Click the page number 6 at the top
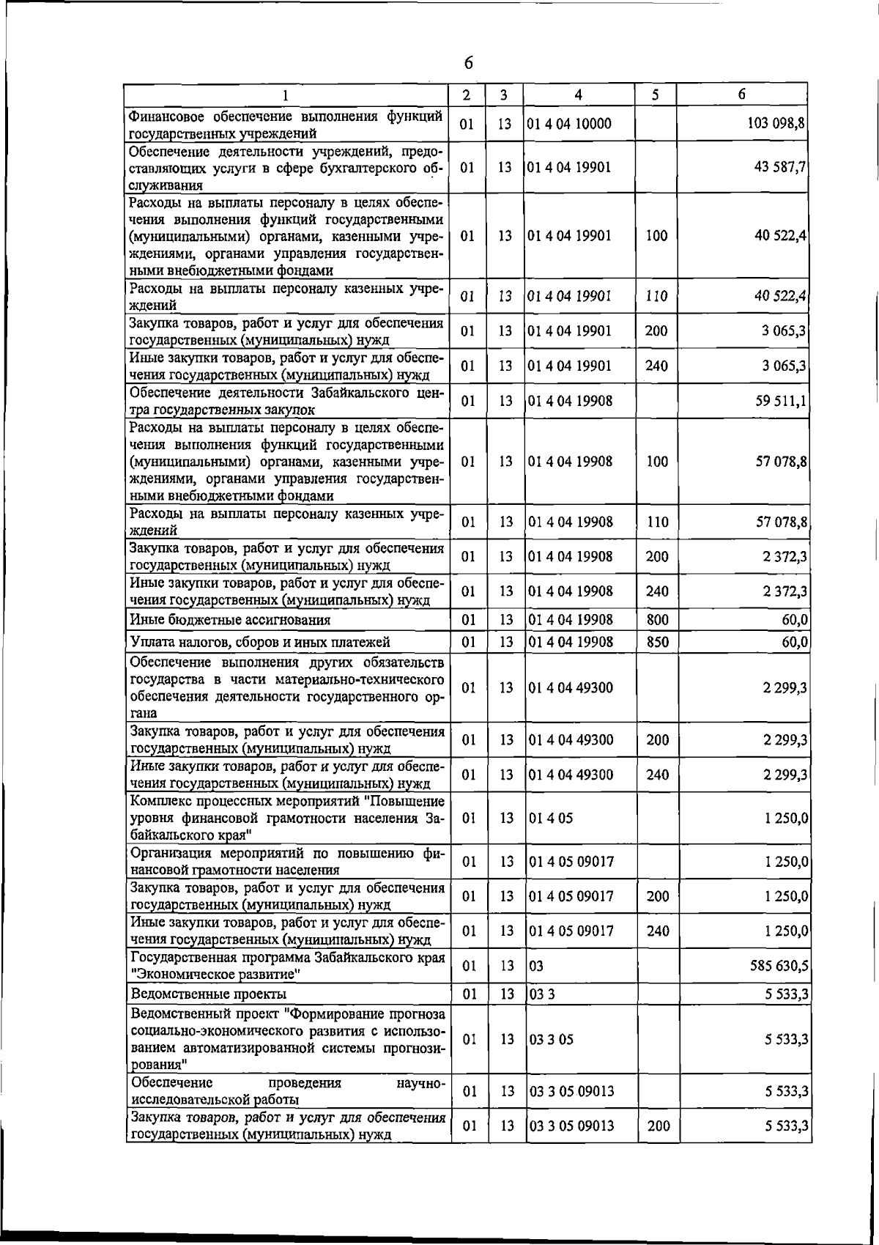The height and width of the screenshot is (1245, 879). [x=468, y=64]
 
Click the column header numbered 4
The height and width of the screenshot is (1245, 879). [x=579, y=95]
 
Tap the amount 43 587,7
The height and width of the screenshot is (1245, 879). [x=780, y=166]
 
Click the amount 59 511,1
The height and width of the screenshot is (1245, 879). [x=780, y=401]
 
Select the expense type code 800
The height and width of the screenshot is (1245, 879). [x=658, y=620]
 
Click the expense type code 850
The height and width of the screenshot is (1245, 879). [x=658, y=642]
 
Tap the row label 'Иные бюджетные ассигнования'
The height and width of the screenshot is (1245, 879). [x=230, y=620]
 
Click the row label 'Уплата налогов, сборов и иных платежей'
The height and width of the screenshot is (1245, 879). [x=260, y=642]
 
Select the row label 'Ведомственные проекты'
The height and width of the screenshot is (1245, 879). [x=208, y=994]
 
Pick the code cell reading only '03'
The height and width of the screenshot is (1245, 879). [x=536, y=966]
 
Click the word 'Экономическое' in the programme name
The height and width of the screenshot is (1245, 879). [x=182, y=975]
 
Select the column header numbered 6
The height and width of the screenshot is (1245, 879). [x=742, y=95]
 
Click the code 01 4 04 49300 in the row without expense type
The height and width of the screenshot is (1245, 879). [x=571, y=687]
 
